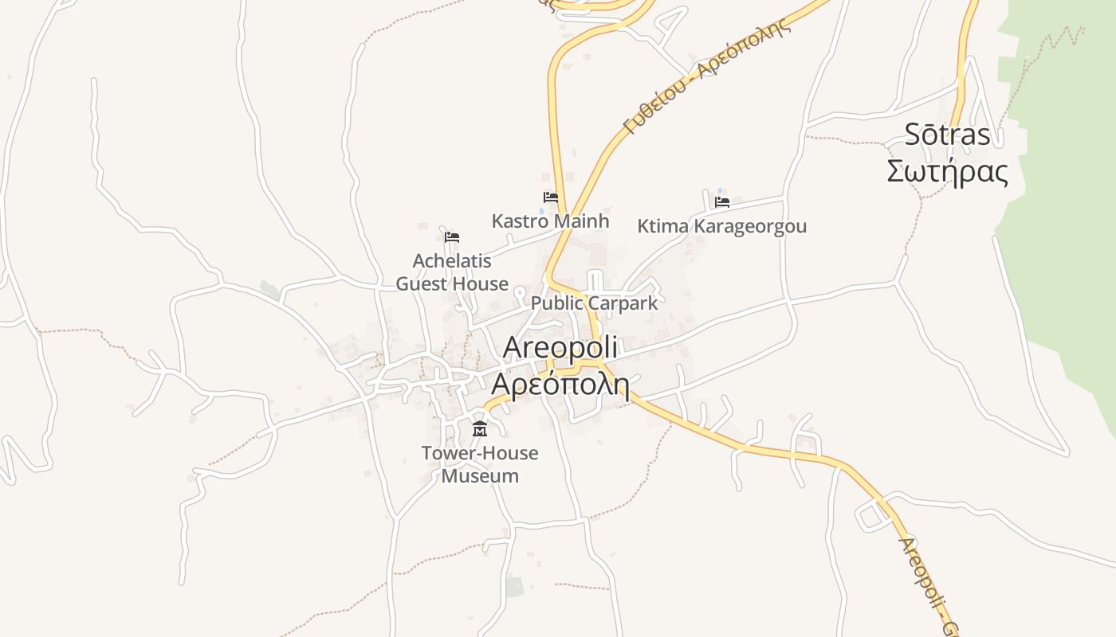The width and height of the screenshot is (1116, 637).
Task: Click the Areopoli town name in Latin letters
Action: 560,348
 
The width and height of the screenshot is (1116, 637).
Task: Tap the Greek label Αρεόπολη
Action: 560,384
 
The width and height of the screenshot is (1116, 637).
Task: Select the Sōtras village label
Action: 947,135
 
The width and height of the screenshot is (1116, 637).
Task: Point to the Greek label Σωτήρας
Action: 947,172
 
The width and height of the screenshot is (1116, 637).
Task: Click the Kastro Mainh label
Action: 550,221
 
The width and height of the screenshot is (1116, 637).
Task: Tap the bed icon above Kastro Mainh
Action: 551,197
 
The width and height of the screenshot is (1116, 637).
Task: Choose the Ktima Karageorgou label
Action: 721,226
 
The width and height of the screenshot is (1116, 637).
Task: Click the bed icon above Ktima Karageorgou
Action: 722,202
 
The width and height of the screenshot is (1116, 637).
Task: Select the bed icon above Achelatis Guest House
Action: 452,237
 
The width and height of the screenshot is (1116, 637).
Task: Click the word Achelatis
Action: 452,260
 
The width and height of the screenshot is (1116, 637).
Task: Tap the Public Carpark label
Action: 594,303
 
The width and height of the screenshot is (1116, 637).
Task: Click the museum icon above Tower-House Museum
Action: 480,430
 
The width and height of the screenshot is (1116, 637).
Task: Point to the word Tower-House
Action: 480,453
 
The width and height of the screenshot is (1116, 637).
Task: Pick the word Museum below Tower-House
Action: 480,476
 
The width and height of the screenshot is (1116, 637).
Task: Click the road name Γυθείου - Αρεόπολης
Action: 706,76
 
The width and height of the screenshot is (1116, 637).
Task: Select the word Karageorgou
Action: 750,226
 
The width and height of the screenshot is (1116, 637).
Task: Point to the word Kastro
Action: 517,221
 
